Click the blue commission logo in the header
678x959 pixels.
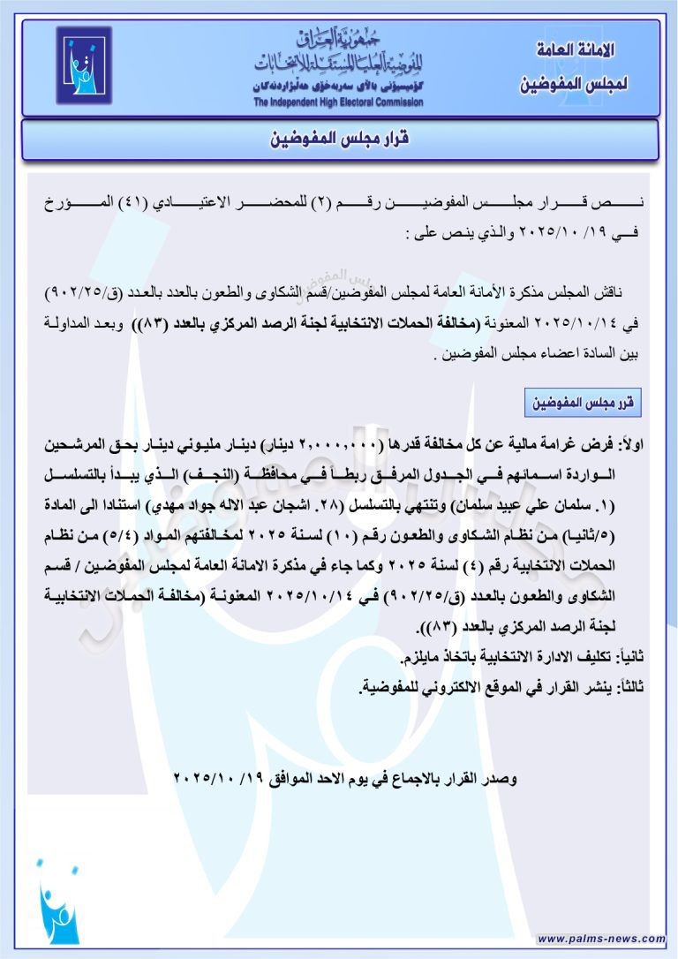coord(84,66)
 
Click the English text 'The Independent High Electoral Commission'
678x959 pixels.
coord(339,102)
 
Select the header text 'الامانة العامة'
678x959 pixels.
coord(575,51)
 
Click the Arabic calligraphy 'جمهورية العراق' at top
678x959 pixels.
coord(337,41)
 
